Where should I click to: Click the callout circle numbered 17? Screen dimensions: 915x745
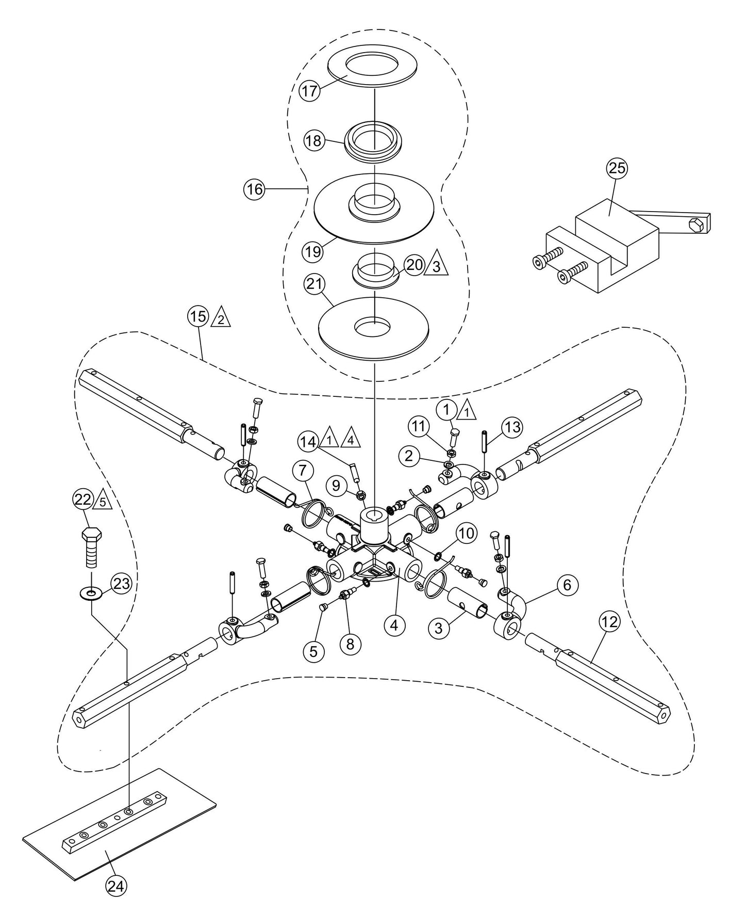pyautogui.click(x=310, y=92)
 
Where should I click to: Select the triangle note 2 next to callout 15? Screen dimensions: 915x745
pyautogui.click(x=221, y=318)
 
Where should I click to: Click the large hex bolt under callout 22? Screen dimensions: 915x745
pyautogui.click(x=91, y=548)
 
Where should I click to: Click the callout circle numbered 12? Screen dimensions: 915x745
pyautogui.click(x=609, y=622)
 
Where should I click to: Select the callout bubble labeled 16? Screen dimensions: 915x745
pyautogui.click(x=254, y=189)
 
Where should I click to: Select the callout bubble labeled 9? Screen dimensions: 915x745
pyautogui.click(x=337, y=485)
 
